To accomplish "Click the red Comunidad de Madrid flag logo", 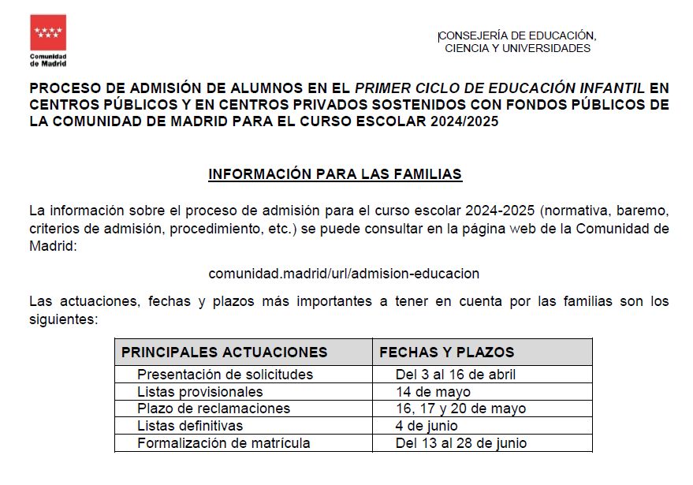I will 48,32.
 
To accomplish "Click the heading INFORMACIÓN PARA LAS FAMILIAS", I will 334,174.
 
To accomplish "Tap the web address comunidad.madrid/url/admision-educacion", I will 344,274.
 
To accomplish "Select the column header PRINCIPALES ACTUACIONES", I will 224,353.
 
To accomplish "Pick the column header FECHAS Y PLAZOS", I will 446,353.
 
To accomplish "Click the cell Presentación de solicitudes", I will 225,375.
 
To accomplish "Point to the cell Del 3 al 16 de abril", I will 456,375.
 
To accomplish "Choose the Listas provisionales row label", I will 199,392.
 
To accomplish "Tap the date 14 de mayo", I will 433,392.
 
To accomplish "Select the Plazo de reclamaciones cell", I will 213,409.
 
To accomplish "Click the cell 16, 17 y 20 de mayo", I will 460,409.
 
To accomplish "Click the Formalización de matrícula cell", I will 223,443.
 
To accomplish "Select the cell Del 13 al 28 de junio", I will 461,443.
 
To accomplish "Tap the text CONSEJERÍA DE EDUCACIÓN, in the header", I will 517,35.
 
